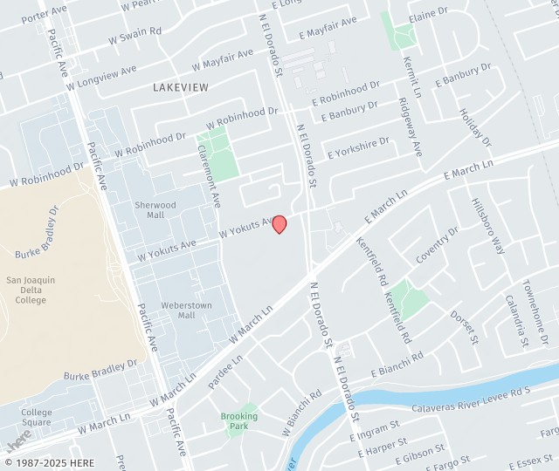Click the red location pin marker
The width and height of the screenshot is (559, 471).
pyautogui.click(x=279, y=223)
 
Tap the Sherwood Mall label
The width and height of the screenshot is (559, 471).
pyautogui.click(x=155, y=210)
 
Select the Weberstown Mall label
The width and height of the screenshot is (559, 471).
pyautogui.click(x=186, y=311)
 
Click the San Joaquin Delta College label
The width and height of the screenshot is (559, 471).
pyautogui.click(x=31, y=290)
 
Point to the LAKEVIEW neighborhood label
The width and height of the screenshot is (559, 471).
pyautogui.click(x=180, y=87)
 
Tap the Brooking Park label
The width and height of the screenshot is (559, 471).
pyautogui.click(x=238, y=421)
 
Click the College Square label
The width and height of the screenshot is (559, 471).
pyautogui.click(x=37, y=418)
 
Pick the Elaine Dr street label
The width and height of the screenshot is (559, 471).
pyautogui.click(x=428, y=13)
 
